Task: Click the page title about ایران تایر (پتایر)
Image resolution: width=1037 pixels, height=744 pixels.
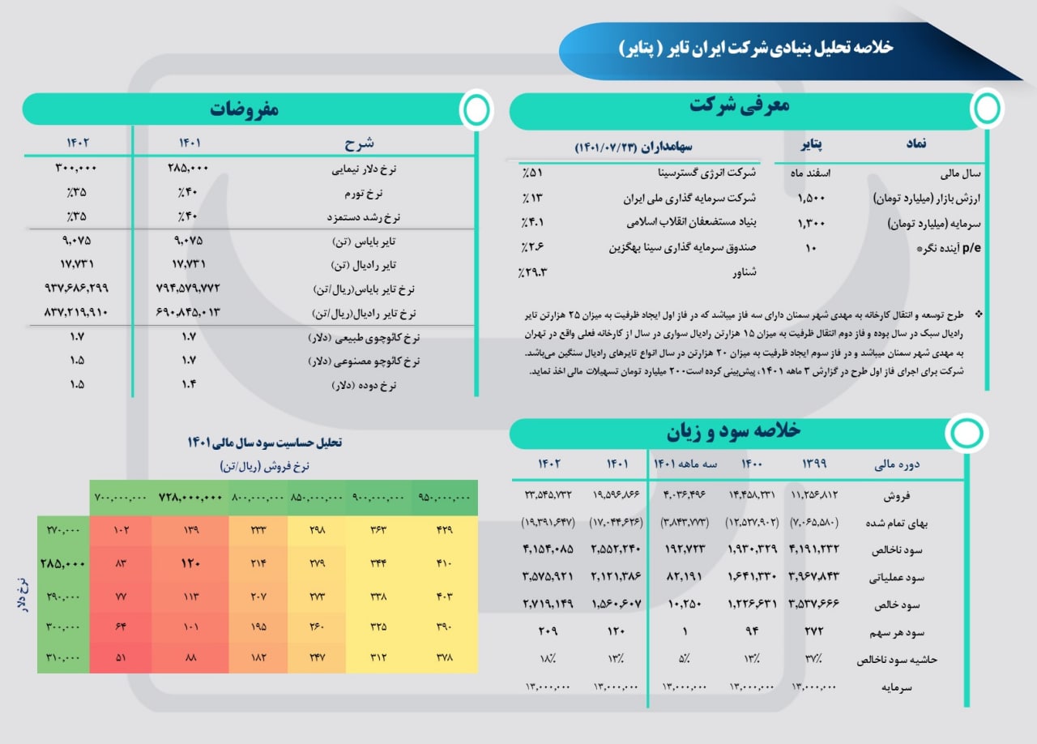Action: pyautogui.click(x=756, y=48)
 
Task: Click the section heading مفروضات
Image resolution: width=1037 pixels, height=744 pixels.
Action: pyautogui.click(x=245, y=109)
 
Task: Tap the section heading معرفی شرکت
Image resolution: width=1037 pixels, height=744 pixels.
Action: pyautogui.click(x=740, y=105)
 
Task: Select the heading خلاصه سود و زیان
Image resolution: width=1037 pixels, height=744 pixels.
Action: pyautogui.click(x=733, y=431)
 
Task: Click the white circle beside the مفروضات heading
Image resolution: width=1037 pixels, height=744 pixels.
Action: pyautogui.click(x=476, y=109)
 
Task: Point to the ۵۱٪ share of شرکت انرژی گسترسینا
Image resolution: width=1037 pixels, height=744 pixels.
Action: pyautogui.click(x=532, y=173)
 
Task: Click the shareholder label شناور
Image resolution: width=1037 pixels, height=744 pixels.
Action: pyautogui.click(x=745, y=272)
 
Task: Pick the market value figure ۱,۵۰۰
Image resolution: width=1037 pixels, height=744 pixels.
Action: pyautogui.click(x=811, y=199)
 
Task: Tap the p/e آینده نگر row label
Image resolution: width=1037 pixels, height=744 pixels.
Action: pyautogui.click(x=949, y=248)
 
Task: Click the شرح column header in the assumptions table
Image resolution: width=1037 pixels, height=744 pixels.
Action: pyautogui.click(x=359, y=143)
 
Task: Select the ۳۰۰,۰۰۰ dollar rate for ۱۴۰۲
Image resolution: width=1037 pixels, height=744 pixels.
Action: pyautogui.click(x=76, y=168)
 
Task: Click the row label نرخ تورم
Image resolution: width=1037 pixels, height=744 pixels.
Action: pyautogui.click(x=364, y=193)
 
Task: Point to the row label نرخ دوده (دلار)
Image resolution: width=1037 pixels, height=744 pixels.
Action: pyautogui.click(x=364, y=385)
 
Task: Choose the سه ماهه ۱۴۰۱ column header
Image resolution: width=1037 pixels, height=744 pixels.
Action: pyautogui.click(x=685, y=464)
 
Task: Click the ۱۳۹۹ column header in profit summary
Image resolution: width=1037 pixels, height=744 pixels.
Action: pyautogui.click(x=814, y=464)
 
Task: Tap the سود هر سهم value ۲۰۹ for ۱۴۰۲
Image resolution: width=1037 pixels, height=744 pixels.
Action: pyautogui.click(x=548, y=631)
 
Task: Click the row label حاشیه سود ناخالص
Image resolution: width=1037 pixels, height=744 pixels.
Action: pyautogui.click(x=897, y=660)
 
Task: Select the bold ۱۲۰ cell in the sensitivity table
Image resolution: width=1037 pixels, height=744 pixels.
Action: pyautogui.click(x=190, y=563)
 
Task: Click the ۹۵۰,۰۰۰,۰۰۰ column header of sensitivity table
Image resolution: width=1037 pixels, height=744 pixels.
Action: pyautogui.click(x=444, y=498)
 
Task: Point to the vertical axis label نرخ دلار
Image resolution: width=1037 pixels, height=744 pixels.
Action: pyautogui.click(x=22, y=595)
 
